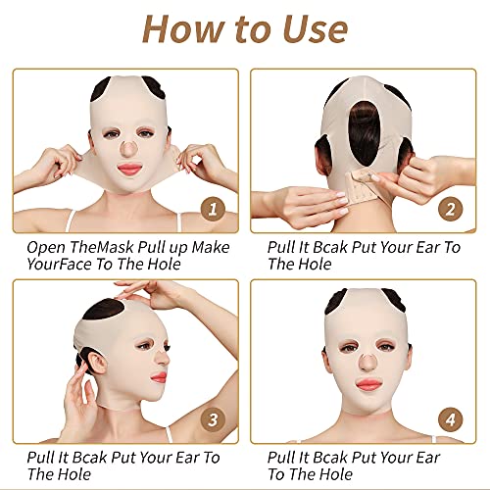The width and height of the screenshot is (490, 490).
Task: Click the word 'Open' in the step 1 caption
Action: click(x=47, y=248)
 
